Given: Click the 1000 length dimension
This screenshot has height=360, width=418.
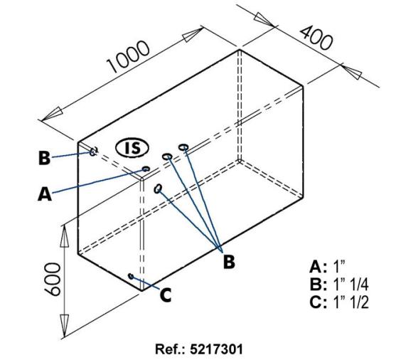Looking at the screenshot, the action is coord(128,57).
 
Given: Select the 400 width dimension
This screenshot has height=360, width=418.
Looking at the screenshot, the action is coord(316,38).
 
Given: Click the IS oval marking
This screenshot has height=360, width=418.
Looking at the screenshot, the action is coord(132,148).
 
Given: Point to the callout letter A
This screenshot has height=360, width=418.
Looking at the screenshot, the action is coord(45,194).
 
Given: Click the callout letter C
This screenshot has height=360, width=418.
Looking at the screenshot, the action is coord(166,295).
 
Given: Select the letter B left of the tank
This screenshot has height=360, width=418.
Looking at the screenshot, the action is coord(44,158).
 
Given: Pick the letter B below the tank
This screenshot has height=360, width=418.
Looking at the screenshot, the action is coord(229,262).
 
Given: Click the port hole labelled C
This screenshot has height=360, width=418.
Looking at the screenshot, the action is coord(131,276).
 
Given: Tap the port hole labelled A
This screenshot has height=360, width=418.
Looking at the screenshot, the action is coord(146,169).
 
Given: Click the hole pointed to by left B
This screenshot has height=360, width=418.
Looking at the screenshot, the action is coord(93,152).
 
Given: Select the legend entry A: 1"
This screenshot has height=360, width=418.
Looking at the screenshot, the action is coord(328,267).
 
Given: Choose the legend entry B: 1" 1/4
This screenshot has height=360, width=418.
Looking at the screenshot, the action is coord(339,285).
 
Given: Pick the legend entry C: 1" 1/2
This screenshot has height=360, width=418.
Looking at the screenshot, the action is coord(339,302).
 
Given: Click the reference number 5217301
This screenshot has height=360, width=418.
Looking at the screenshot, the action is coord(216,349).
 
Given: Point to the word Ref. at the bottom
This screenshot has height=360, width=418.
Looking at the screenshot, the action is coord(170,349).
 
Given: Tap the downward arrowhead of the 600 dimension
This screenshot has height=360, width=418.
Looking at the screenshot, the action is coord(64,325).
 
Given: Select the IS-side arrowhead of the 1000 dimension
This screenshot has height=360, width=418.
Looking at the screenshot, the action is coord(52,114).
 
